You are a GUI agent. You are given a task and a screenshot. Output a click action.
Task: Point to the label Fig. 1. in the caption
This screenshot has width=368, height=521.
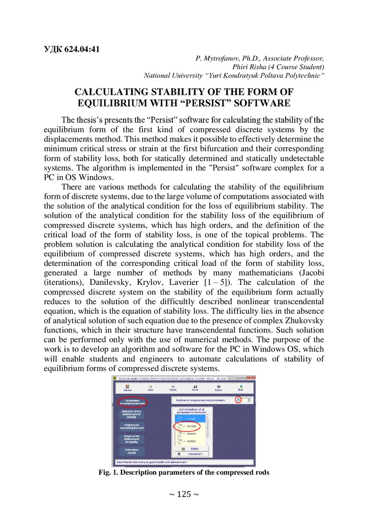[109, 472]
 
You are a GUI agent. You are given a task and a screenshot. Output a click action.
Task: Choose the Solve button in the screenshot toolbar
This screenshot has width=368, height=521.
[218, 389]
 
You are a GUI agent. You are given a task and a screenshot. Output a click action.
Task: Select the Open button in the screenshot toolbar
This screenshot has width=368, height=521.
[173, 389]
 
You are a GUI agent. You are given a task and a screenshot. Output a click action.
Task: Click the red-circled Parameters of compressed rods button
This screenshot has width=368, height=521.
[132, 402]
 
